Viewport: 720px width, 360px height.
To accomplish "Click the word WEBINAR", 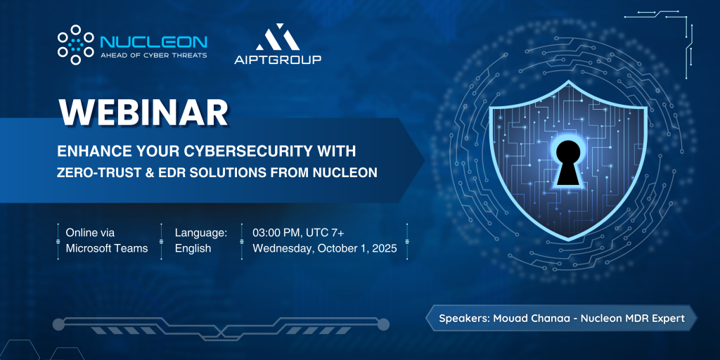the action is coord(143,112).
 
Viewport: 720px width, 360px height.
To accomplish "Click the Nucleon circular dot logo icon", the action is coord(76,44).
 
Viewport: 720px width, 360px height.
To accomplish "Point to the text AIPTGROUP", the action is coord(278,59).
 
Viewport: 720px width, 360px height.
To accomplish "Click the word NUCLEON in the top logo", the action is coord(153,42).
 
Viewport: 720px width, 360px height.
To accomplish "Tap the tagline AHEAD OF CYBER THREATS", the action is coord(153,55).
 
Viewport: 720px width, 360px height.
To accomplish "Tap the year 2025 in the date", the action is coord(384,248).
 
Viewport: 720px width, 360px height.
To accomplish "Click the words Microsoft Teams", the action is coord(107,248).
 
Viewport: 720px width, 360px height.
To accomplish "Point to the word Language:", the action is coord(201,233).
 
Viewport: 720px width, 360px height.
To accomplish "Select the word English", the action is coord(193,249).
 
